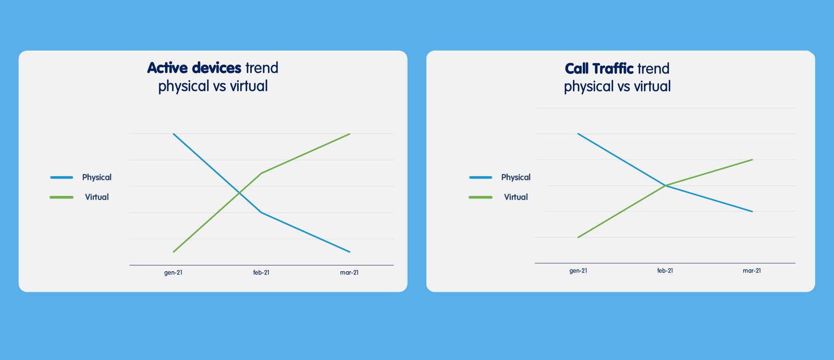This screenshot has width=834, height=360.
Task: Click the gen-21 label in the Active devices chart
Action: (173, 272)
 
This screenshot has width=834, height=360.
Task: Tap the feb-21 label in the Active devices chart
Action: (261, 272)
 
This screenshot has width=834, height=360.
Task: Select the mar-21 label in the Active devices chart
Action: (349, 272)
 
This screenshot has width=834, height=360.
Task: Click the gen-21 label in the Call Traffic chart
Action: (578, 271)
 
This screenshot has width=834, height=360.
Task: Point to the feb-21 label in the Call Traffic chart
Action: (665, 271)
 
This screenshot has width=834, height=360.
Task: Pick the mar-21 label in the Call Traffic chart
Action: (752, 271)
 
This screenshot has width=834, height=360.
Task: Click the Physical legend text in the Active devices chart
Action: (97, 178)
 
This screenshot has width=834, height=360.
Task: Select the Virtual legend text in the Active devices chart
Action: (97, 197)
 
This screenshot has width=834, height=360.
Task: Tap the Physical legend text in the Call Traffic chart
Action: (516, 178)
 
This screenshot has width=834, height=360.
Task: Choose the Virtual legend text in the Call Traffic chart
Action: (516, 197)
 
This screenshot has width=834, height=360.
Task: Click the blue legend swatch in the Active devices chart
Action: (62, 178)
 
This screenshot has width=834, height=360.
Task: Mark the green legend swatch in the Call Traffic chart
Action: (481, 197)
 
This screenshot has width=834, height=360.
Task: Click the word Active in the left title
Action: (167, 68)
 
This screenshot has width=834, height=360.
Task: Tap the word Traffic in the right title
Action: (613, 69)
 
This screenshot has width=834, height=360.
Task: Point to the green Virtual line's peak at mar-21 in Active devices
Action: (350, 134)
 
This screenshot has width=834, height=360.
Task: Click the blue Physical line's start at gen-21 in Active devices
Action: (174, 134)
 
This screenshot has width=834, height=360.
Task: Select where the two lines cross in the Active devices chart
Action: (239, 192)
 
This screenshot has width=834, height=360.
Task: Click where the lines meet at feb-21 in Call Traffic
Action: (665, 185)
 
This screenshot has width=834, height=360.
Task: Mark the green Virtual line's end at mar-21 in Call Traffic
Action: (753, 160)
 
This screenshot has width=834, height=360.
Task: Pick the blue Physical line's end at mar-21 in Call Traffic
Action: (753, 212)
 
